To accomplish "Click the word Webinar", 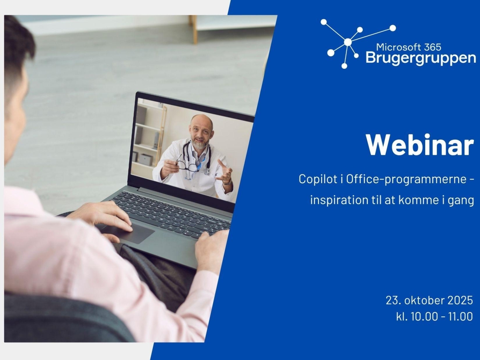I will pyautogui.click(x=419, y=145).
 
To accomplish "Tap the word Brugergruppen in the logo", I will pyautogui.click(x=420, y=58).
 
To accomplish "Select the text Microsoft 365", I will pyautogui.click(x=408, y=47).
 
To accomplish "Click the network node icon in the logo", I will pyautogui.click(x=347, y=42).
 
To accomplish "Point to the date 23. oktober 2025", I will pyautogui.click(x=429, y=300).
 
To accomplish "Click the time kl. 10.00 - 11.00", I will pyautogui.click(x=434, y=316).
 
